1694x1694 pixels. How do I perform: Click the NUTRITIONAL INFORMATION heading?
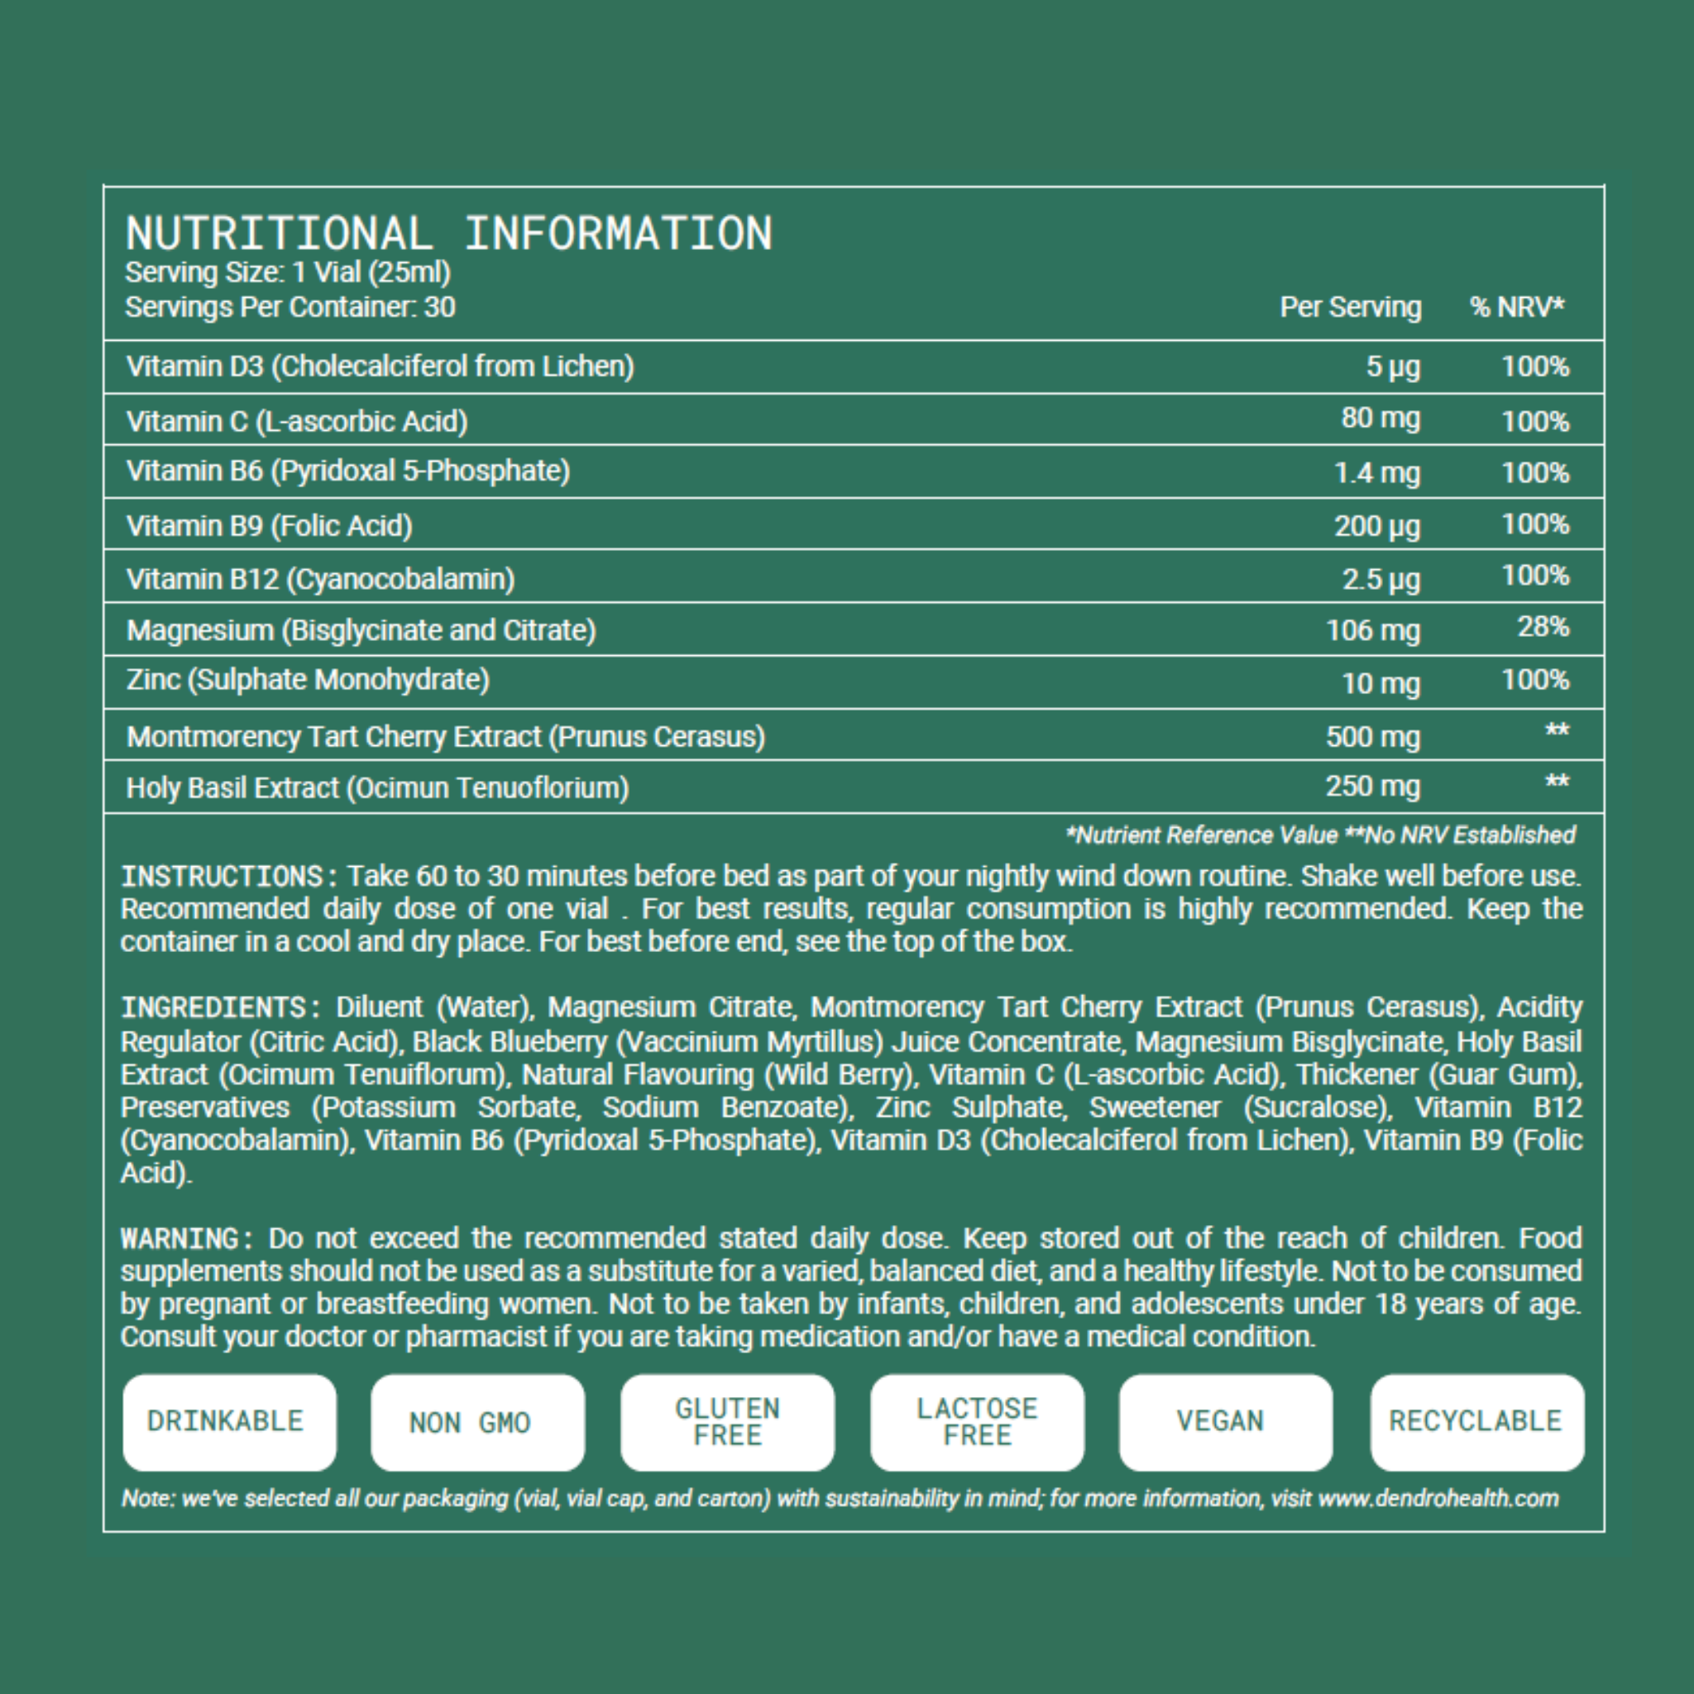coord(448,233)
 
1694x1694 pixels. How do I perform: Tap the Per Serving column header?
coord(1349,307)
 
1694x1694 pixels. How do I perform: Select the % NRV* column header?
coord(1517,307)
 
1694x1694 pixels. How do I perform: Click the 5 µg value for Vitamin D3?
coord(1392,366)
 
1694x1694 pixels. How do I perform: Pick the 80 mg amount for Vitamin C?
coord(1381,419)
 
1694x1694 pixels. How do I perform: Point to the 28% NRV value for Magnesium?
coord(1543,627)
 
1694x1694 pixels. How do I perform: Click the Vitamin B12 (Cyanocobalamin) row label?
coord(320,579)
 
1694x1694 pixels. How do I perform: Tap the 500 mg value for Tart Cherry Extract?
coord(1372,736)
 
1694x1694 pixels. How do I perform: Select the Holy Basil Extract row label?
coord(377,787)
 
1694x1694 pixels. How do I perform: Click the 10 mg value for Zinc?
coord(1381,683)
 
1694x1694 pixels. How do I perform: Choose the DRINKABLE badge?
coord(229,1421)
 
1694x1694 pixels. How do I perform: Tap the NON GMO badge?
coord(477,1421)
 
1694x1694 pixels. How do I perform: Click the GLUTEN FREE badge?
coord(727,1421)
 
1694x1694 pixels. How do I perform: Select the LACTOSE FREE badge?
coord(977,1421)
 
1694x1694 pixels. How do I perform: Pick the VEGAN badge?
coord(1225,1421)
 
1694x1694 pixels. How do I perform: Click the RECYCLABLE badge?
coord(1476,1421)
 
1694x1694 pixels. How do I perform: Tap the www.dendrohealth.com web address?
coord(1438,1498)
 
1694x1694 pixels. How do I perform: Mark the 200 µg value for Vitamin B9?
coord(1376,526)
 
